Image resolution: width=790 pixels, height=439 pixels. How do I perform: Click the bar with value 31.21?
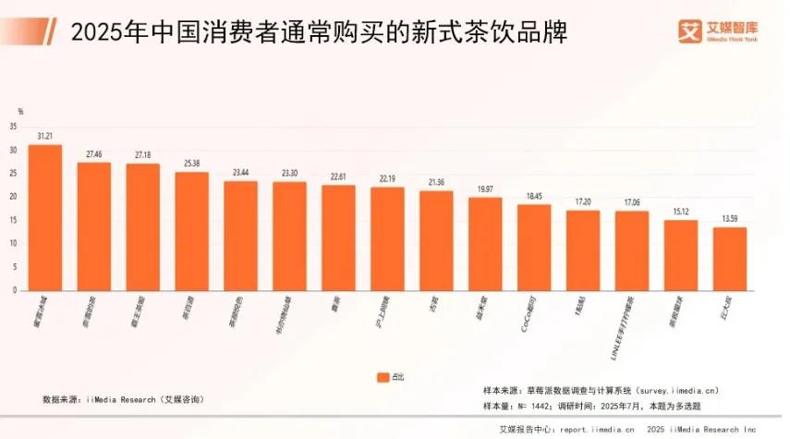[x=45, y=217]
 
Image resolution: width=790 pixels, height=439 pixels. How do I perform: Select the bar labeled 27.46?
[x=94, y=226]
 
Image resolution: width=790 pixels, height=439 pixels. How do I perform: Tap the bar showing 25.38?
[x=191, y=231]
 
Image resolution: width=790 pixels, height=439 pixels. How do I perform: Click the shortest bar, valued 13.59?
[x=729, y=259]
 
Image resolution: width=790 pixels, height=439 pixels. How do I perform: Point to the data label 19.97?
[x=485, y=189]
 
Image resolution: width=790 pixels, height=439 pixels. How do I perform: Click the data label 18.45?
[x=534, y=196]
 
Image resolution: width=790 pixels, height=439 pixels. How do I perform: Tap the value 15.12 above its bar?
[x=680, y=212]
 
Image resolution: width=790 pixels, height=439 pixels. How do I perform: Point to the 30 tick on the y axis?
[x=13, y=151]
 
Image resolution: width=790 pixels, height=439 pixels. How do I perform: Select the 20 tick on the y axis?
[x=13, y=197]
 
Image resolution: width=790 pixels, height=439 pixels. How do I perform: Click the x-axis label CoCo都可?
[x=528, y=313]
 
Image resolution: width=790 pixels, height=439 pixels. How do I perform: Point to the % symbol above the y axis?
[x=20, y=112]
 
